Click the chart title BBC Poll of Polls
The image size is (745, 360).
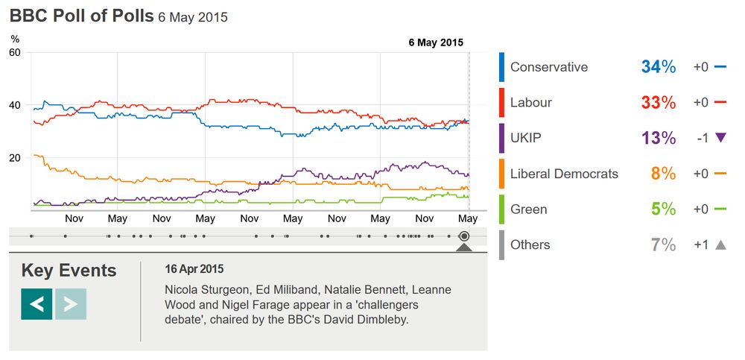81,16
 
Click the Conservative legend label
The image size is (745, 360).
549,67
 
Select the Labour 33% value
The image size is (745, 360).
658,103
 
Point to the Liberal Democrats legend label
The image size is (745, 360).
564,174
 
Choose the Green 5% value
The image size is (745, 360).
662,209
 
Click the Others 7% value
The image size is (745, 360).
662,245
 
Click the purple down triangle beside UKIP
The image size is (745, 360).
720,138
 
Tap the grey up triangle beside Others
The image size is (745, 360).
720,244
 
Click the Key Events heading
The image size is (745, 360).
69,271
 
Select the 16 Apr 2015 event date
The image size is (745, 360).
194,269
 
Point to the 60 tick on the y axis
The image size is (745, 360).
15,52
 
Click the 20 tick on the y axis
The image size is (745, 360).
15,158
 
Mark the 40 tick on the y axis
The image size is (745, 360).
15,105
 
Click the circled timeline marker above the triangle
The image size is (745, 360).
464,236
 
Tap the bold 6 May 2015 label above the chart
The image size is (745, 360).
436,42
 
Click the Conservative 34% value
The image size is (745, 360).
658,67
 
